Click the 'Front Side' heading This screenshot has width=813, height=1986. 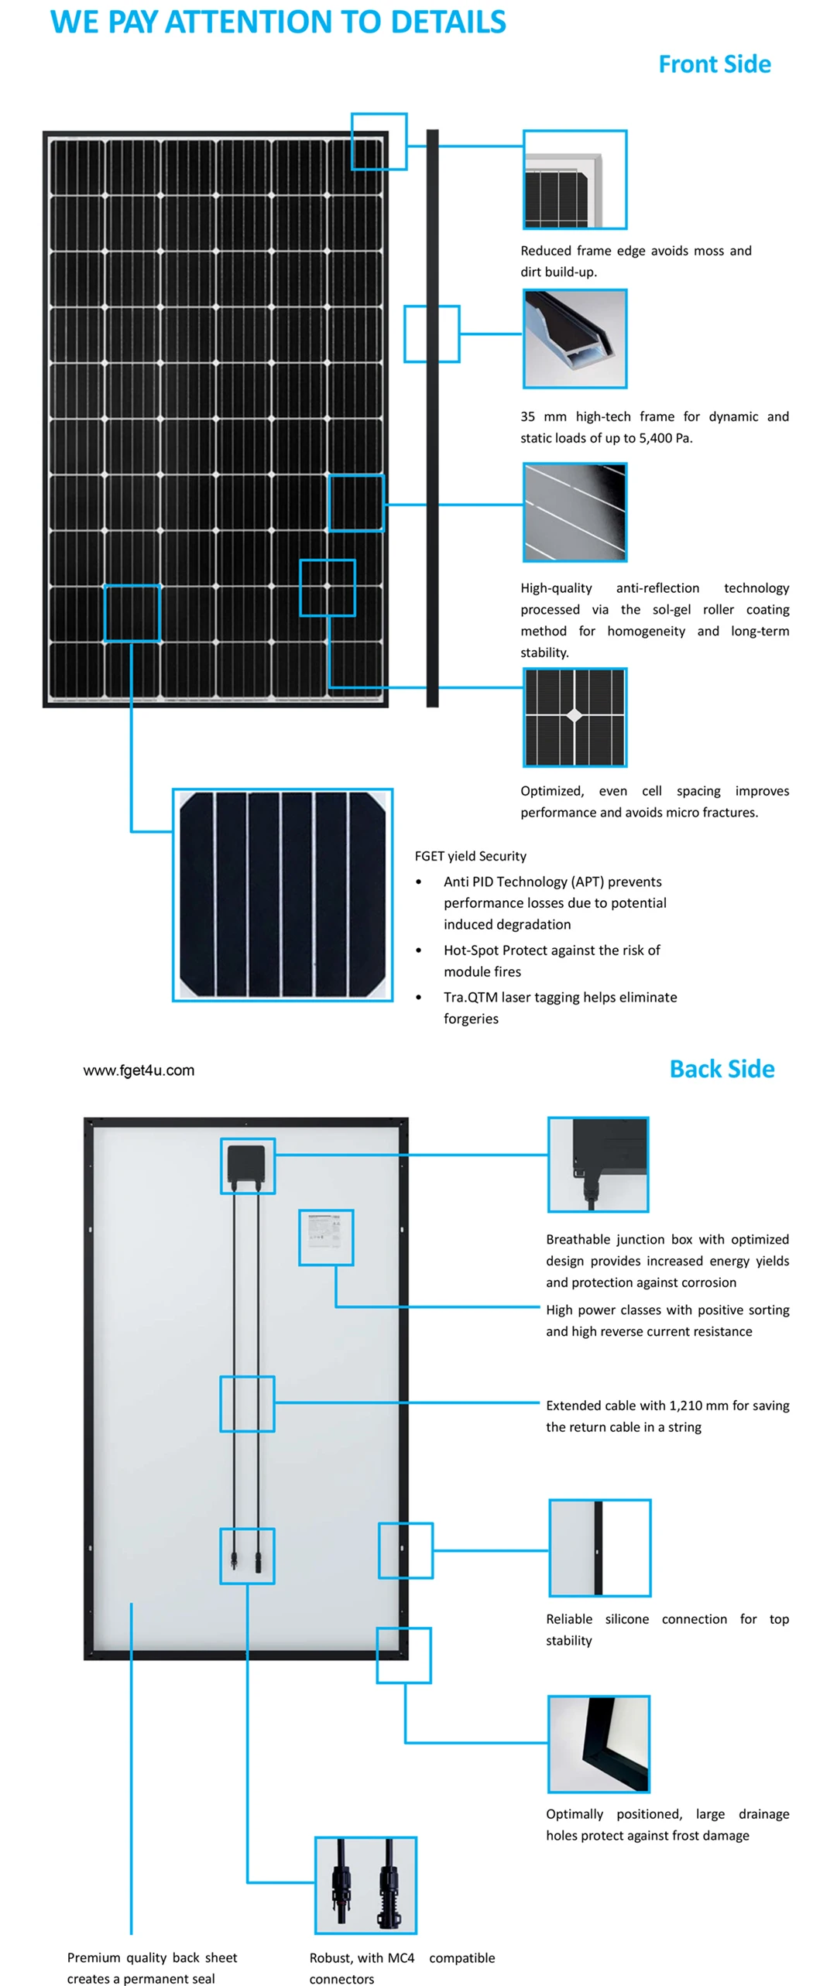714,64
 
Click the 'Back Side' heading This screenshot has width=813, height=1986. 721,1068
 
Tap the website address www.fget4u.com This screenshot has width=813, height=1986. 139,1070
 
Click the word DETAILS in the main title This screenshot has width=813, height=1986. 448,22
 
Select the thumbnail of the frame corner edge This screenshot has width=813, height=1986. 575,180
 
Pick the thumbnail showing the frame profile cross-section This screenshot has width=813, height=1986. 575,339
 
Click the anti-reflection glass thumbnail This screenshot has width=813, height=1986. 575,512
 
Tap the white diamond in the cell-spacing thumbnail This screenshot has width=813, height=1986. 575,715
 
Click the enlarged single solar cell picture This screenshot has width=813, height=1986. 282,894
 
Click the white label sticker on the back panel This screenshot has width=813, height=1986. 325,1231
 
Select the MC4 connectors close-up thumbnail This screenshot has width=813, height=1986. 365,1884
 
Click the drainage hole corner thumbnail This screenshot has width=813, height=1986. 598,1744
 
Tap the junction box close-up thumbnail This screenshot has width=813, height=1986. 598,1163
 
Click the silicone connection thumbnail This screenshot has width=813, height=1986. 599,1547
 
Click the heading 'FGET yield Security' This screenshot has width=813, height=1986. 470,856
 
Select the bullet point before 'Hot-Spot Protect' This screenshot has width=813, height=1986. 419,950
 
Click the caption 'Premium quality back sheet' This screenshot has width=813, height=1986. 152,1957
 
